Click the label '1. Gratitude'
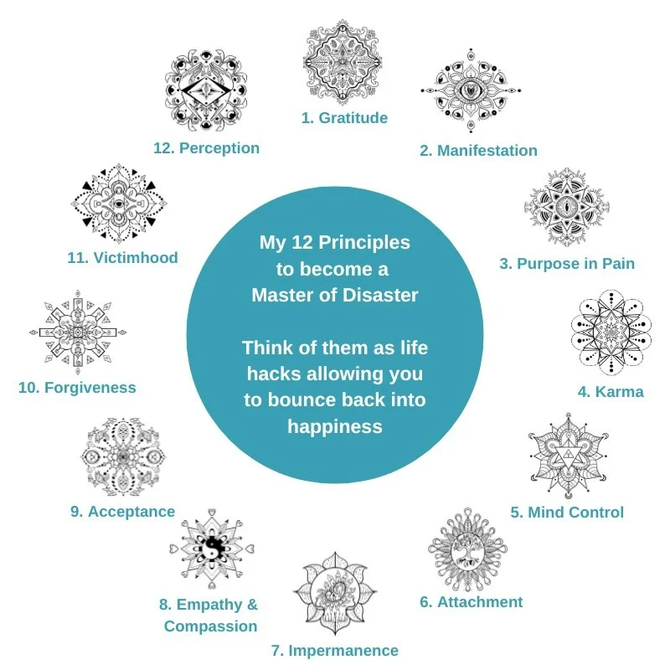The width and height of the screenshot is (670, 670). [x=344, y=118]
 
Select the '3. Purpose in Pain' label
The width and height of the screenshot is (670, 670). [x=567, y=264]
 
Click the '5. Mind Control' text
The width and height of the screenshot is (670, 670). [x=567, y=513]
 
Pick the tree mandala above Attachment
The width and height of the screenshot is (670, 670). [x=466, y=553]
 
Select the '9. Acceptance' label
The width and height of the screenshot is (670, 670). [x=123, y=512]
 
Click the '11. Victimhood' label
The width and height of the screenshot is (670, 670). [x=122, y=258]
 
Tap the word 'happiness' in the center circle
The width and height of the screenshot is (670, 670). [x=334, y=425]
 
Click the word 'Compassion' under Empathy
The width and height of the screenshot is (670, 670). [x=210, y=626]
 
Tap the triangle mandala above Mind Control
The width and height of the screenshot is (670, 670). [x=568, y=456]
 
